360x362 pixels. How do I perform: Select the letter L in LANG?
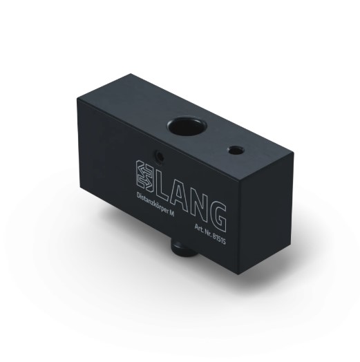(163, 183)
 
